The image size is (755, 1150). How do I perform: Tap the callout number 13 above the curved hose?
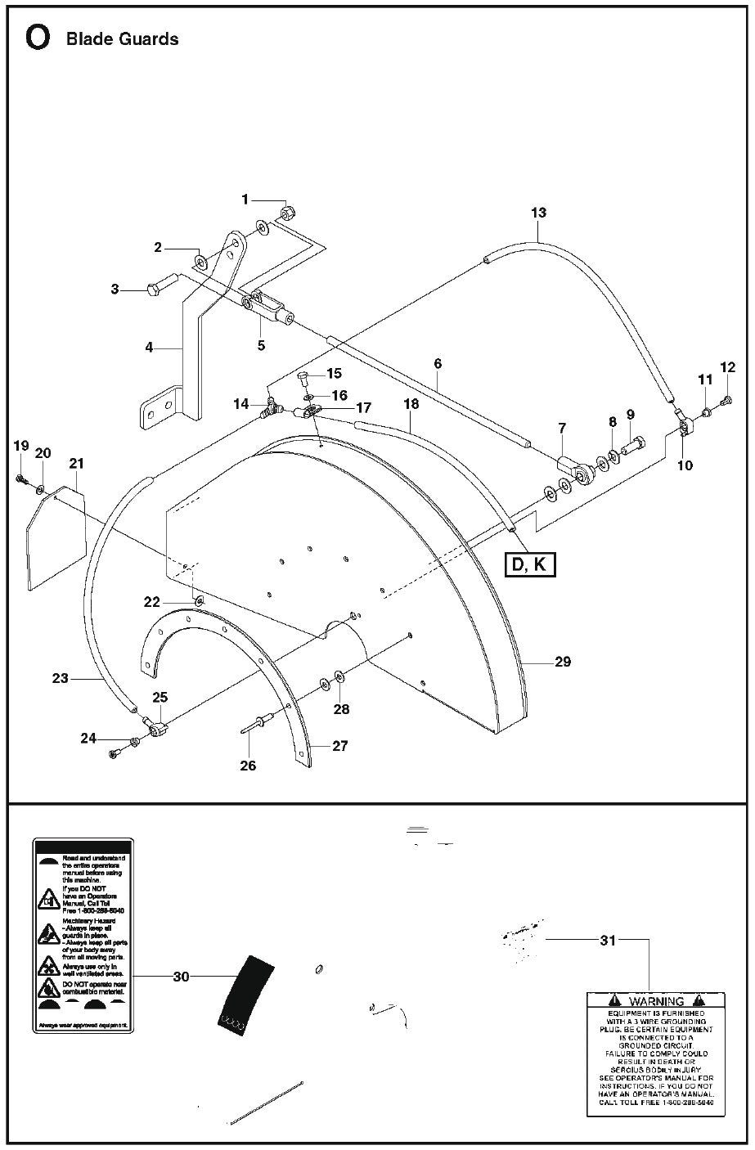pos(538,213)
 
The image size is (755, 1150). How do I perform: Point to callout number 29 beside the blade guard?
pos(563,662)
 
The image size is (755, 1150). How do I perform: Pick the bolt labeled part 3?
pos(155,288)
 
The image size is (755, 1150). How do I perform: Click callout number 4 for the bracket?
pos(149,348)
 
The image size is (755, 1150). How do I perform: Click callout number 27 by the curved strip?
pos(339,746)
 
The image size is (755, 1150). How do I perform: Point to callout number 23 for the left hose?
pos(60,677)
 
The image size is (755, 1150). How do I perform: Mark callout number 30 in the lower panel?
pos(181,976)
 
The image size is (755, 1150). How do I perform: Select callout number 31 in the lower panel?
pos(607,941)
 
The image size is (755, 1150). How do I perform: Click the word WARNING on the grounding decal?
pos(656,1001)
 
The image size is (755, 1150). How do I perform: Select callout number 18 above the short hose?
pos(411,404)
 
